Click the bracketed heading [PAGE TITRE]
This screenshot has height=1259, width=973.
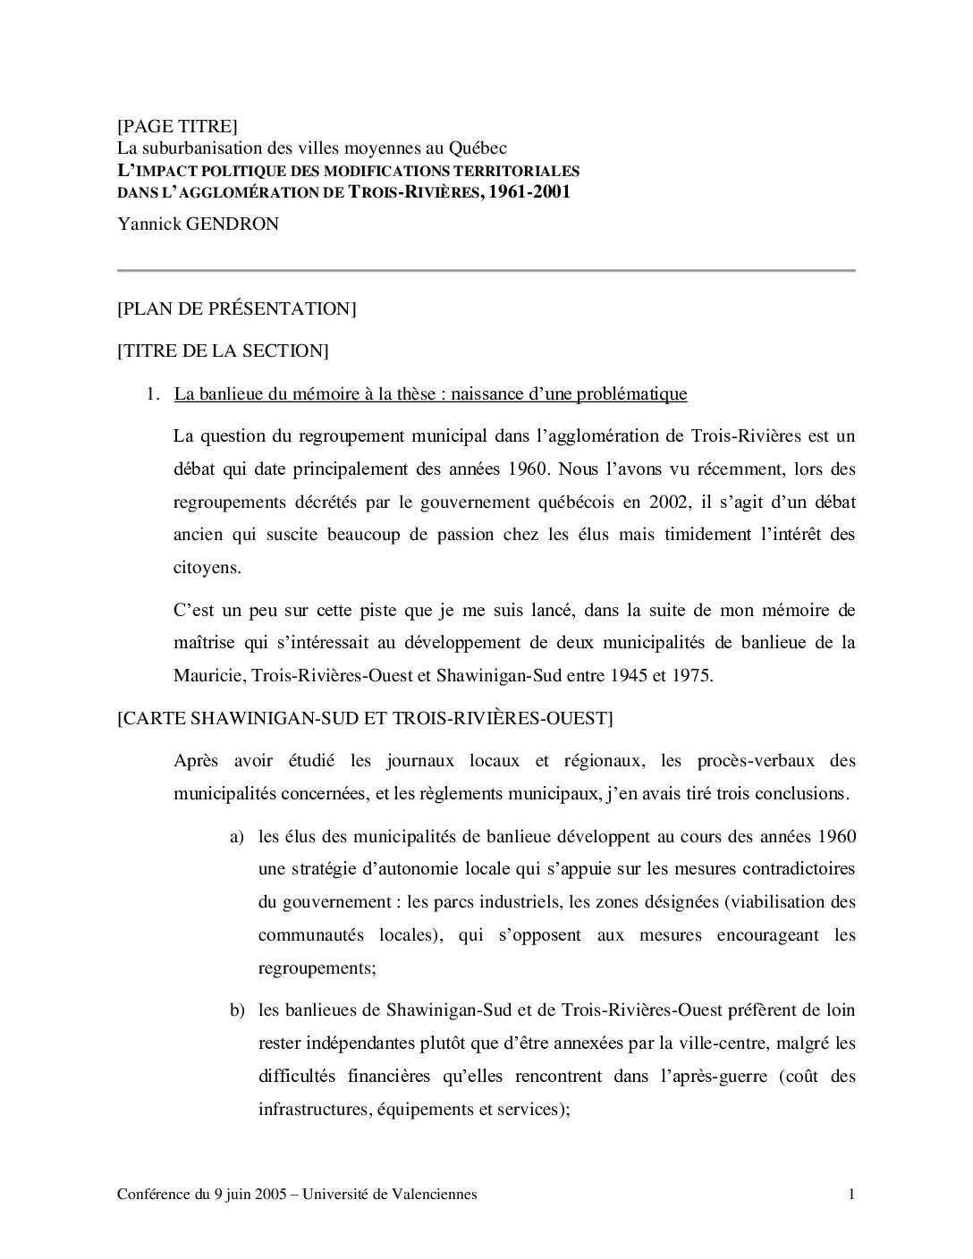[177, 126]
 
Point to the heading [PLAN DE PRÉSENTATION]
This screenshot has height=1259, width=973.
[237, 308]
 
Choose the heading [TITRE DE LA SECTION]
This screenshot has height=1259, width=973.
[223, 351]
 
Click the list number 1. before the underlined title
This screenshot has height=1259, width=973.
[154, 393]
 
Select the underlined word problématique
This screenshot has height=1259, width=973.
[630, 393]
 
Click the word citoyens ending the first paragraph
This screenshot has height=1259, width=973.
[206, 567]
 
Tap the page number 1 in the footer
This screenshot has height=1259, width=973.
[851, 1195]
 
